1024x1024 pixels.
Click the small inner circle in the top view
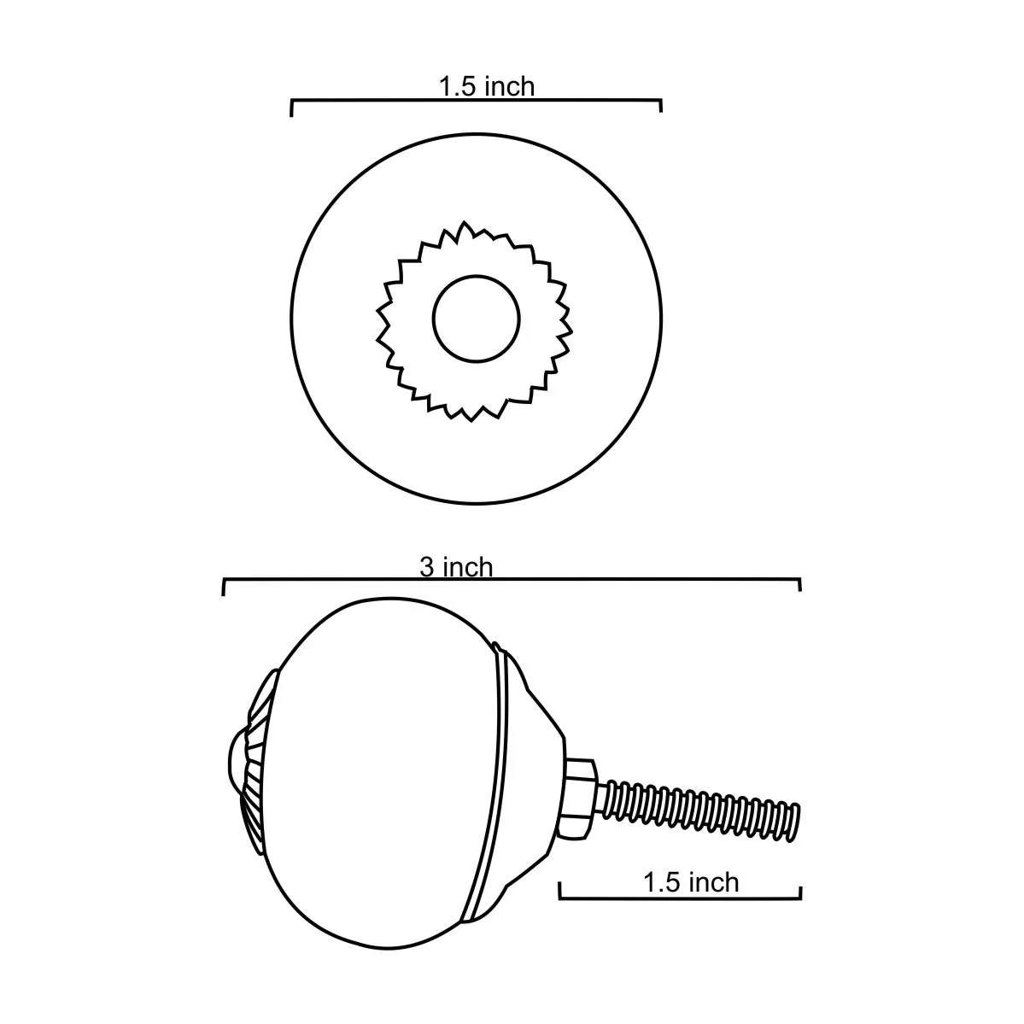click(x=476, y=319)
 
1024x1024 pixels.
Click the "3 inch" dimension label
click(x=456, y=567)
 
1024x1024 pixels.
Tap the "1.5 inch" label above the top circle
click(x=486, y=86)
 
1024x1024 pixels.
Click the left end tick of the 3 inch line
click(x=224, y=586)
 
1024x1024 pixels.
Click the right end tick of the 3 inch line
click(x=800, y=585)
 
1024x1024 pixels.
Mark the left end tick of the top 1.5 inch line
click(x=292, y=108)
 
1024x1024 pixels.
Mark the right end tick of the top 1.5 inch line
click(x=661, y=106)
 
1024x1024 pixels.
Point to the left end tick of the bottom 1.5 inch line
click(x=559, y=891)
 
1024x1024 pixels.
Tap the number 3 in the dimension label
click(x=425, y=567)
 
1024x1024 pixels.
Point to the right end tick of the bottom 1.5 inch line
click(x=801, y=891)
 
